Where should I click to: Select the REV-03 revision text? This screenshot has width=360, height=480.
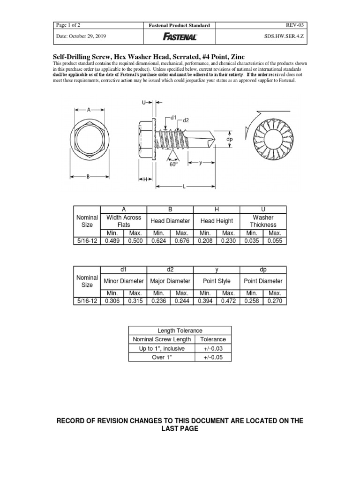[x=299, y=25]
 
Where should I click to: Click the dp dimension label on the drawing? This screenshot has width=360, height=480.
[x=230, y=139]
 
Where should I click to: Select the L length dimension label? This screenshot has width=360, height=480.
[x=184, y=187]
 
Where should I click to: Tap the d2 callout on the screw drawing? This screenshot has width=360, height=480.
[x=186, y=120]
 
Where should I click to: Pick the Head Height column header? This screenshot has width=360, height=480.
[x=217, y=221]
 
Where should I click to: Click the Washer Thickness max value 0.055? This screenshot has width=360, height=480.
[x=275, y=241]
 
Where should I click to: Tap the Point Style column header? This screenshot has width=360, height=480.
[x=217, y=281]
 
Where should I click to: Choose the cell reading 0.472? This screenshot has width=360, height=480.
[x=228, y=301]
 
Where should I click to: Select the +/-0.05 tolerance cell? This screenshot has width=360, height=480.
[x=213, y=358]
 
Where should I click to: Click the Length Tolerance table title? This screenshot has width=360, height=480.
[x=180, y=330]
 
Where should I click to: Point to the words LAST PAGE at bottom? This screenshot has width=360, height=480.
[x=180, y=429]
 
